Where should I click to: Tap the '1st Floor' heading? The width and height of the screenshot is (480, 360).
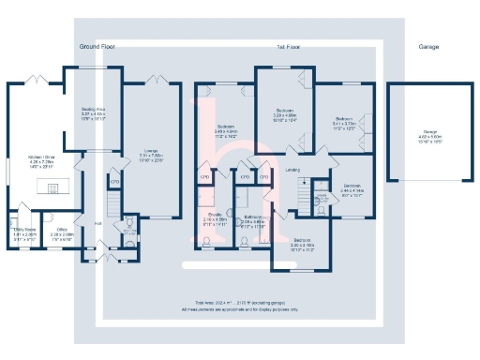coord(287,46)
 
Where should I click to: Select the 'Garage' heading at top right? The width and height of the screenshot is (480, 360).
coord(428,46)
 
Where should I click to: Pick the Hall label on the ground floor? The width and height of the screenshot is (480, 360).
coord(97,223)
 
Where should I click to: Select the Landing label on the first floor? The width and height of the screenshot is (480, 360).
coord(293,170)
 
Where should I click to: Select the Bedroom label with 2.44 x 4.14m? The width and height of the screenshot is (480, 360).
coord(352,187)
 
